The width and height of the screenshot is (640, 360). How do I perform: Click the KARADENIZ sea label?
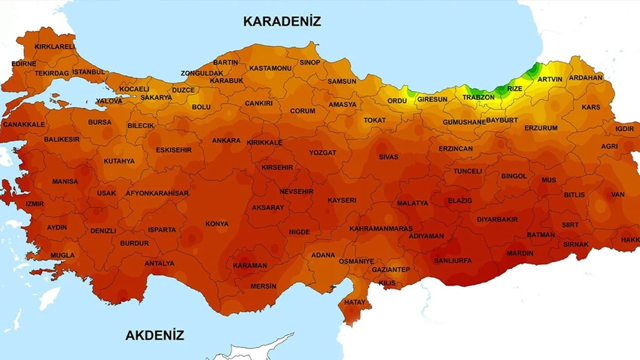click(x=282, y=21)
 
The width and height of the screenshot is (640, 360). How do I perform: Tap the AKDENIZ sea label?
click(x=154, y=335)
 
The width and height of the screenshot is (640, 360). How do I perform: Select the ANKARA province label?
click(x=226, y=140)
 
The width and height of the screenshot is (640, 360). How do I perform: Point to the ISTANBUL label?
click(x=90, y=72)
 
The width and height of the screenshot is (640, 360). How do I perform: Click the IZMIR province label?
click(x=35, y=203)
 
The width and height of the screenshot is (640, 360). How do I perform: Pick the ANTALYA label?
click(x=159, y=264)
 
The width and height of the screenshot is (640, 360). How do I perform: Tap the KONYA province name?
click(x=217, y=224)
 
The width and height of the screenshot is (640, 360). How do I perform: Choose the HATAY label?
click(x=355, y=302)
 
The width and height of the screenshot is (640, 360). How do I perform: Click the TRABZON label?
click(x=478, y=97)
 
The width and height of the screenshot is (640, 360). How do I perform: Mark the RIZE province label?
click(x=514, y=88)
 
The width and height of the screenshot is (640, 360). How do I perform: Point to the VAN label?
click(x=618, y=194)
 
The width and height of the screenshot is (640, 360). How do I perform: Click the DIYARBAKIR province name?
click(x=497, y=219)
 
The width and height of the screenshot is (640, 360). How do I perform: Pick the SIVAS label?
click(x=388, y=157)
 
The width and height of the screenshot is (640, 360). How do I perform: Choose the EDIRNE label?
click(x=24, y=64)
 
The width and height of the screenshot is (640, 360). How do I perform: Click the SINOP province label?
click(x=309, y=62)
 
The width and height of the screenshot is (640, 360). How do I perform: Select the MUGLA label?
click(x=62, y=255)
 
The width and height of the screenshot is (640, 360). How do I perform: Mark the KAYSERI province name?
click(x=342, y=200)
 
